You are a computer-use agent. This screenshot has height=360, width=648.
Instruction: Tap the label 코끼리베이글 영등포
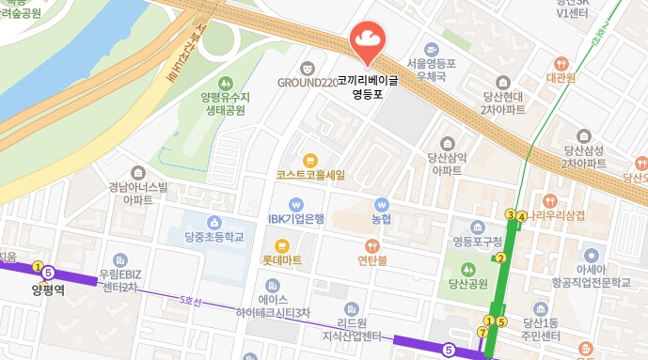click(x=367, y=87)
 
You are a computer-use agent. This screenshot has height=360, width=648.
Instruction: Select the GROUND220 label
click(x=307, y=83)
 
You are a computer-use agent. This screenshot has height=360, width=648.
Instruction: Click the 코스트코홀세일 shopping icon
click(x=310, y=159)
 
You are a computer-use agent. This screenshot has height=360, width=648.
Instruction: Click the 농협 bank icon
click(x=381, y=204)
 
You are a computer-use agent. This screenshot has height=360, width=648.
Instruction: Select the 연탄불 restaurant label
click(x=373, y=259)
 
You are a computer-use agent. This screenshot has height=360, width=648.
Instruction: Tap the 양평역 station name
click(x=46, y=290)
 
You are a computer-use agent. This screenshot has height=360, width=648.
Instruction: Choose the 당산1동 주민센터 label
click(x=540, y=329)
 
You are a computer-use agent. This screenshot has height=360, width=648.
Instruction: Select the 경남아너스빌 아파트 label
click(x=137, y=193)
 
